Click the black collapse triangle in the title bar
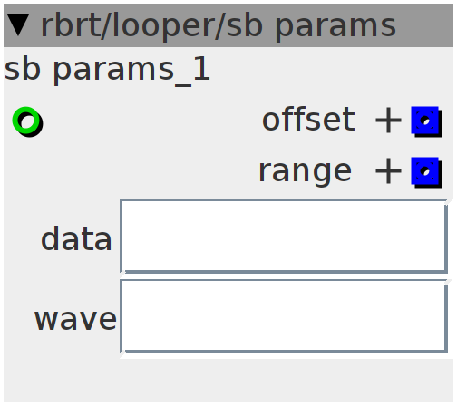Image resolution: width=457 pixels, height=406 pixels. coord(18,25)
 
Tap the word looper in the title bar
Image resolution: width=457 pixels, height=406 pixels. coord(165,26)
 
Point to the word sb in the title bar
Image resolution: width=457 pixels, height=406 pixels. coord(244,25)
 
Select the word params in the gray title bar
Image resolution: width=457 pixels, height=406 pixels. coord(335,28)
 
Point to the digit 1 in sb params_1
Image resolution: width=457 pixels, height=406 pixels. coord(202,69)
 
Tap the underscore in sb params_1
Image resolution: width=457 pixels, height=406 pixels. coord(183,86)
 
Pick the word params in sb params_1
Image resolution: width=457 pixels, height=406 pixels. coord(113,72)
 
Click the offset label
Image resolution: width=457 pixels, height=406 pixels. coord(308,120)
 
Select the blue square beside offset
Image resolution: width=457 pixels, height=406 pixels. coord(426,121)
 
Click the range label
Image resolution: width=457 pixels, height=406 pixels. coord(305,172)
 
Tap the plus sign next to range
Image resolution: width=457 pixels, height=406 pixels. coord(388,171)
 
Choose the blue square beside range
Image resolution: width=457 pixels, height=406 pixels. coord(426,172)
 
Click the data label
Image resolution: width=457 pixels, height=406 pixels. coord(76,238)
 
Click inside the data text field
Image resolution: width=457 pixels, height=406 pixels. coord(284,237)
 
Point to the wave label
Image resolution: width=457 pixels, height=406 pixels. coord(75,319)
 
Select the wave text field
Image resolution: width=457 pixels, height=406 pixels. coord(284,316)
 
